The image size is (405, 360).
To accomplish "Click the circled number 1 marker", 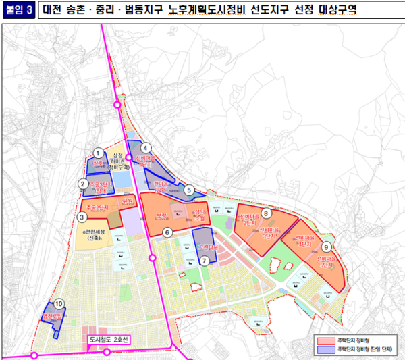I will (99, 153).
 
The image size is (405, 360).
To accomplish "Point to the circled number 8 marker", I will (267, 213).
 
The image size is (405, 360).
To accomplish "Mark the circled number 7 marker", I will (203, 261).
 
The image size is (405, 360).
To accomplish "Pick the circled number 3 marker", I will (80, 217).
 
